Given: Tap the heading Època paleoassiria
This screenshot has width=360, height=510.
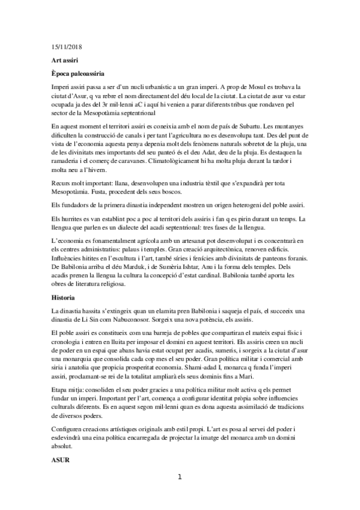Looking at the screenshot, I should [x=78, y=75].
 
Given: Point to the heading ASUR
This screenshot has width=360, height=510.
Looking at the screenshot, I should [x=61, y=460].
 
